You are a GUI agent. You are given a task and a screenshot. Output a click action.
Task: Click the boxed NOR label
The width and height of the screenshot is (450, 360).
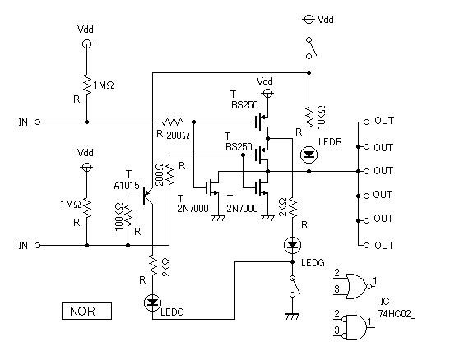tap(86, 311)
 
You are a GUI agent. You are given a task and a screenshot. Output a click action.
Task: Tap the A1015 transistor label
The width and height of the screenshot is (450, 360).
tap(127, 186)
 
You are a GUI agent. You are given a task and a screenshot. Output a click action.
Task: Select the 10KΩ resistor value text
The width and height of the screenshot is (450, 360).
tap(322, 117)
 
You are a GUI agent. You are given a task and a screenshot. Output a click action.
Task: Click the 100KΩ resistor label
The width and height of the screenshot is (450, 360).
tap(119, 217)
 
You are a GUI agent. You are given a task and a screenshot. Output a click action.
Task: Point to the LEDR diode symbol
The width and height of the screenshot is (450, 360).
tap(309, 155)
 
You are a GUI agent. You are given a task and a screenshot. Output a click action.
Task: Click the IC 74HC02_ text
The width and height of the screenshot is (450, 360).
tap(397, 308)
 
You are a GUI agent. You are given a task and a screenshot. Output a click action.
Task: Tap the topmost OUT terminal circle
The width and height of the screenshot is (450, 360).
tap(366, 122)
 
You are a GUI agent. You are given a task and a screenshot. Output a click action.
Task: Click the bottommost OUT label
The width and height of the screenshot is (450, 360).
tap(384, 246)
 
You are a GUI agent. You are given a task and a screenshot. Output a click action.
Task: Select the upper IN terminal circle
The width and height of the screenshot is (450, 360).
tap(37, 122)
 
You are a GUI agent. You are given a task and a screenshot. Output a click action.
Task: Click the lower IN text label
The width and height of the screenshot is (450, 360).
tap(23, 246)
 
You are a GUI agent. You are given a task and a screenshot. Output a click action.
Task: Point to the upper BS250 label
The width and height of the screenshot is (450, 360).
tap(244, 105)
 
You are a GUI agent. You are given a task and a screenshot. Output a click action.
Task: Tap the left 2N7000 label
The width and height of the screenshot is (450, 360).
tap(193, 209)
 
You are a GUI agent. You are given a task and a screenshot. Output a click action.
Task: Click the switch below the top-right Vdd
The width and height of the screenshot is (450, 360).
tap(311, 48)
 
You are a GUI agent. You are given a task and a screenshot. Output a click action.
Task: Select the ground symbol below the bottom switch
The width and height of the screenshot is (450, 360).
tap(292, 316)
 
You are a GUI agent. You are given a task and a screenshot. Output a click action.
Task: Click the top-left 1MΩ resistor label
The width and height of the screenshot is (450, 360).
tap(104, 85)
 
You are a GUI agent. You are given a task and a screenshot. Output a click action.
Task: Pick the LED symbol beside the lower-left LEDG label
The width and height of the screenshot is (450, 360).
tap(152, 302)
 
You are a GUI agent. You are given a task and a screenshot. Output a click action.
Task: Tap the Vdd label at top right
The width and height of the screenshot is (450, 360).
tap(326, 20)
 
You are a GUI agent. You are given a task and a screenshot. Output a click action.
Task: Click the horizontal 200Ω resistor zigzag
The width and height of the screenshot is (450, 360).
tap(172, 122)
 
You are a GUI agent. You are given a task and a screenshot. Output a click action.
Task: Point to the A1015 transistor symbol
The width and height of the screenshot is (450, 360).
tap(147, 196)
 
